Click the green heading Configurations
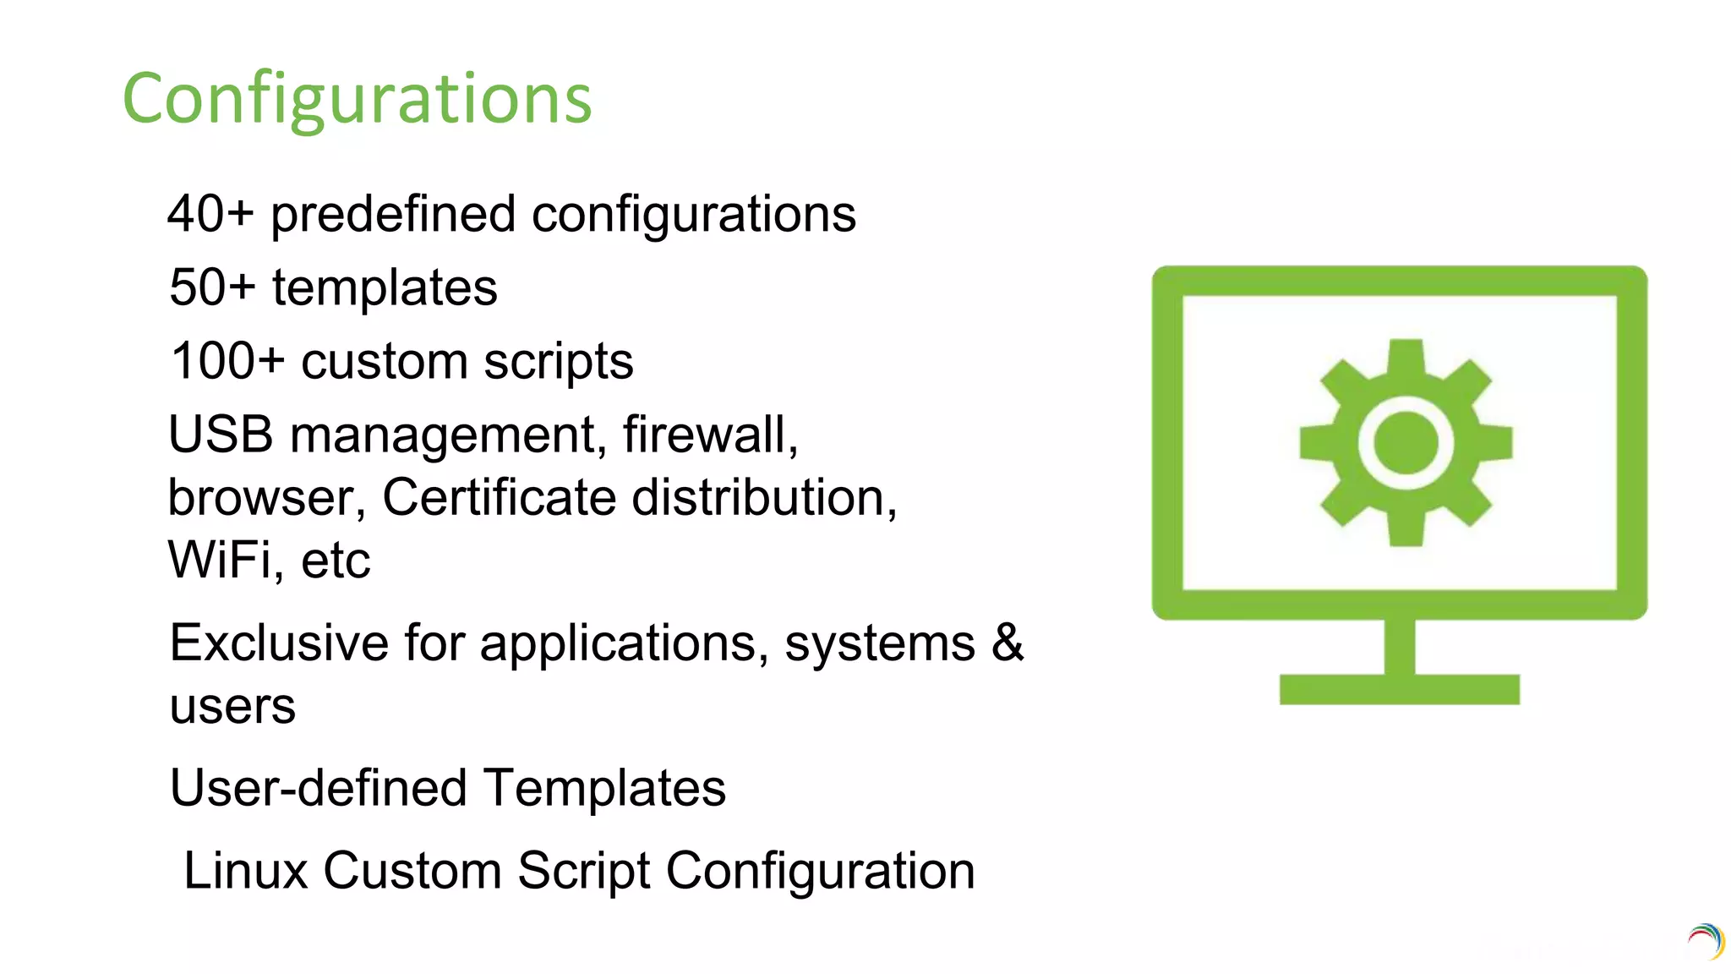coord(357,99)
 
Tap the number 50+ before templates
coord(212,287)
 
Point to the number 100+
coord(227,361)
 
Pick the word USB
coord(221,435)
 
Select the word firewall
coord(710,435)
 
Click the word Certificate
coord(500,497)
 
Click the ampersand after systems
coord(1007,643)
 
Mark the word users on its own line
coord(232,707)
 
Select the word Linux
coord(245,871)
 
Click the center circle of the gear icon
coord(1406,442)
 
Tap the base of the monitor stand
coord(1399,689)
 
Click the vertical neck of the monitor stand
coord(1400,647)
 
